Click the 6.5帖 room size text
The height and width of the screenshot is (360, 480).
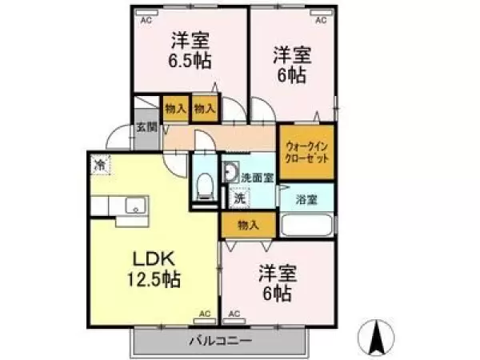tap(190, 59)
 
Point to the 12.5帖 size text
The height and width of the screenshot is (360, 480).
tap(152, 280)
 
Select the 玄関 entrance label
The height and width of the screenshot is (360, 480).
tap(145, 126)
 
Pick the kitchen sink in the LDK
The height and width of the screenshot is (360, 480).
tap(134, 206)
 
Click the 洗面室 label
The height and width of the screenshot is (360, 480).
tap(258, 177)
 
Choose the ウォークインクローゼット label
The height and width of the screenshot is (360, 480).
tap(306, 151)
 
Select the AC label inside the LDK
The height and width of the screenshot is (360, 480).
tap(204, 314)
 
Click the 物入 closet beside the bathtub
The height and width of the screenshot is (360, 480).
tap(249, 226)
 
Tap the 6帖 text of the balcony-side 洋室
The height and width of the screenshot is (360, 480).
tap(278, 294)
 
